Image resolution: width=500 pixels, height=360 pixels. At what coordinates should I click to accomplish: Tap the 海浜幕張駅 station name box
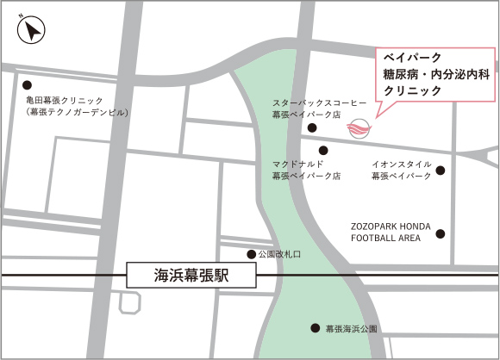[x=192, y=276]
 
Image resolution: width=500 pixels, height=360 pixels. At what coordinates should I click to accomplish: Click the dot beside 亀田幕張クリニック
[x=27, y=85]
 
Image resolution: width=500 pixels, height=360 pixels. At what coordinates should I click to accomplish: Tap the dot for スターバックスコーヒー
[x=312, y=128]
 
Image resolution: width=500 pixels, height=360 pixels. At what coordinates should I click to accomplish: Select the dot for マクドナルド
[x=323, y=150]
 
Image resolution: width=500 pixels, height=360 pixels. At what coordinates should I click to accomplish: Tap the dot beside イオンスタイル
[x=441, y=171]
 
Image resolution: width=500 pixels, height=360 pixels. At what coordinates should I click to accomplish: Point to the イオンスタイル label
[x=401, y=164]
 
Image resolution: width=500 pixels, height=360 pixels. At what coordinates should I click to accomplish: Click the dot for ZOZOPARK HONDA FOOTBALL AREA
[x=441, y=233]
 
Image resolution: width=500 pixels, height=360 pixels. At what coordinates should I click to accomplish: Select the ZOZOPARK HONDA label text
[x=391, y=226]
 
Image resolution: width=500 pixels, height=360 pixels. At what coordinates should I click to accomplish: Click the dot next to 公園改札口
[x=251, y=254]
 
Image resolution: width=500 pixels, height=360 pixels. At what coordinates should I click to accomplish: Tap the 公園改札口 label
[x=279, y=255]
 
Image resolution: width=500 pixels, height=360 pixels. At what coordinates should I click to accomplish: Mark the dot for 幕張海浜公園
[x=315, y=328]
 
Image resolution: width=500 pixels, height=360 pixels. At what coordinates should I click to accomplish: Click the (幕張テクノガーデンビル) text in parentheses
[x=77, y=113]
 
